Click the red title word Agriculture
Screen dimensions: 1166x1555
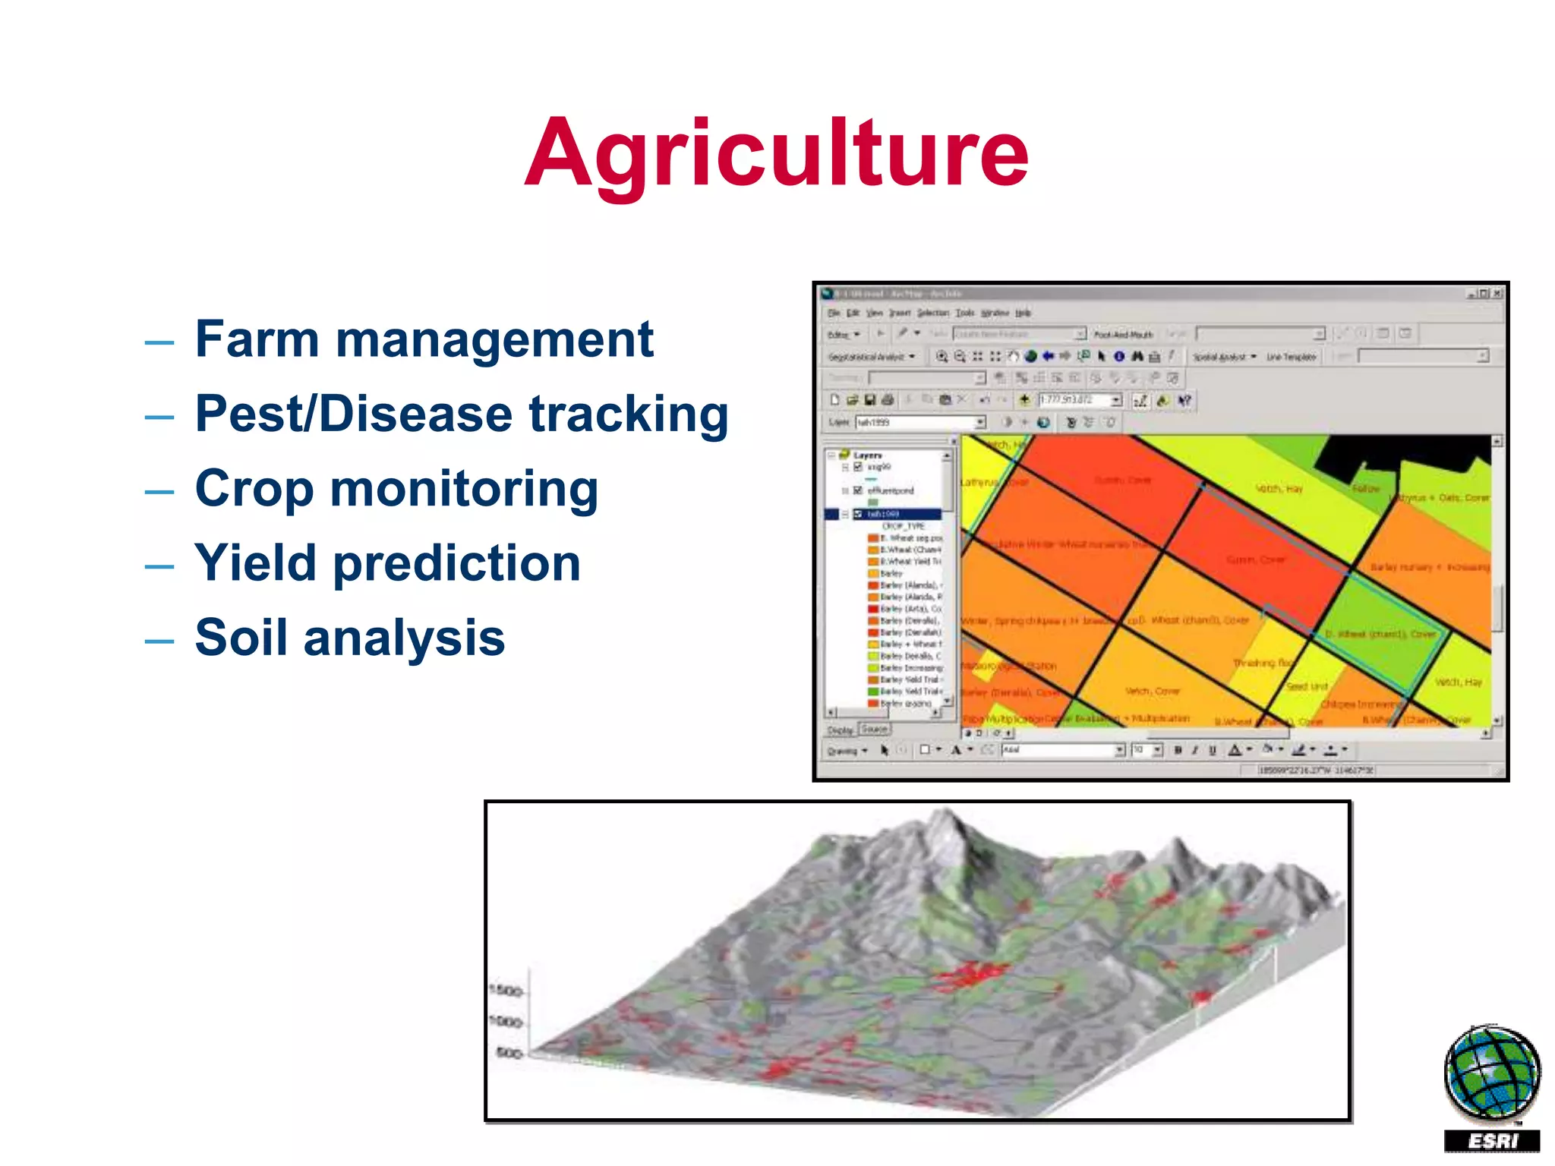pyautogui.click(x=776, y=154)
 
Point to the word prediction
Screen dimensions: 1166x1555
pyautogui.click(x=456, y=564)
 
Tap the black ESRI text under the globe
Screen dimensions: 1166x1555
pyautogui.click(x=1492, y=1141)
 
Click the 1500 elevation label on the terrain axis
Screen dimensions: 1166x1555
pyautogui.click(x=506, y=991)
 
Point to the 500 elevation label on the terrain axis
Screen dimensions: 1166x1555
pyautogui.click(x=509, y=1053)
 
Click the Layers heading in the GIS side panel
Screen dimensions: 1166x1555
pyautogui.click(x=867, y=455)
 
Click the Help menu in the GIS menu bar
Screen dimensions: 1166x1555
pyautogui.click(x=1023, y=313)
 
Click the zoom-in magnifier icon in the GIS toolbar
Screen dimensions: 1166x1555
pyautogui.click(x=942, y=356)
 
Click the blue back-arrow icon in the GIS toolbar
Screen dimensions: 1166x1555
pyautogui.click(x=1048, y=356)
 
